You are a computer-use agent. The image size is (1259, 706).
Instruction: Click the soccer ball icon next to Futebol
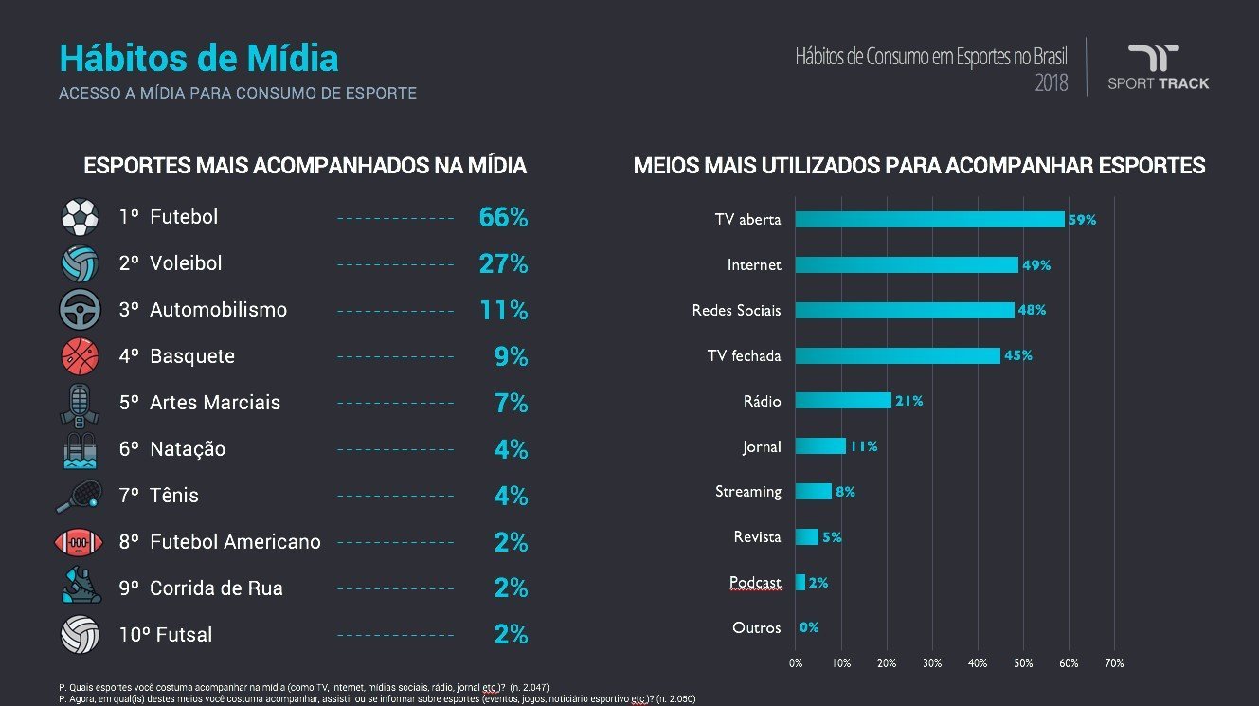80,217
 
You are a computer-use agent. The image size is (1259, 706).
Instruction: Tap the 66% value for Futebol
503,217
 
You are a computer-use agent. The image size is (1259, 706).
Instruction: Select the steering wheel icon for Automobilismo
80,310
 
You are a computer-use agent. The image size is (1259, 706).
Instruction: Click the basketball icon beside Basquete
80,356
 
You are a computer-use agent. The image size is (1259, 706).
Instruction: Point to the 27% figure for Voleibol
503,263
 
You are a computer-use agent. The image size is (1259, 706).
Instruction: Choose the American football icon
80,542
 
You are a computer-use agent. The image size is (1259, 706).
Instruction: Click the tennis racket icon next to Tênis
80,495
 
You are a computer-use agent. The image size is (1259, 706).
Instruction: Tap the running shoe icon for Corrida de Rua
80,588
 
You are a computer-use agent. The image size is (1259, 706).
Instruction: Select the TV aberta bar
929,219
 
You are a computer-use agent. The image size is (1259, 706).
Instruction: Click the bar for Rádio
843,401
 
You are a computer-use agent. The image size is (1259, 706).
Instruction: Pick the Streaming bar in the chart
814,492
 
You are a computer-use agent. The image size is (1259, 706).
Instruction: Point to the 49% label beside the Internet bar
1036,265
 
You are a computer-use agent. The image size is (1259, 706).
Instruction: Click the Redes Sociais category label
736,311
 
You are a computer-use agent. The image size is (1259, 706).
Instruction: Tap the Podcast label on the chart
755,582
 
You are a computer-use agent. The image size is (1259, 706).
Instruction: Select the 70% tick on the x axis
1114,662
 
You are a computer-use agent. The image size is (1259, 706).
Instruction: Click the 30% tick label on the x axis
932,662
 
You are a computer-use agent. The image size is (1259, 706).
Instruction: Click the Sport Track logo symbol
1153,58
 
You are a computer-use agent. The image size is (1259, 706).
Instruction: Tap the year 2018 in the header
1051,83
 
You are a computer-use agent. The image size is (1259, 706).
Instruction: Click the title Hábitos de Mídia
198,59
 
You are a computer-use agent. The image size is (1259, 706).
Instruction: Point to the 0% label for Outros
809,627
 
